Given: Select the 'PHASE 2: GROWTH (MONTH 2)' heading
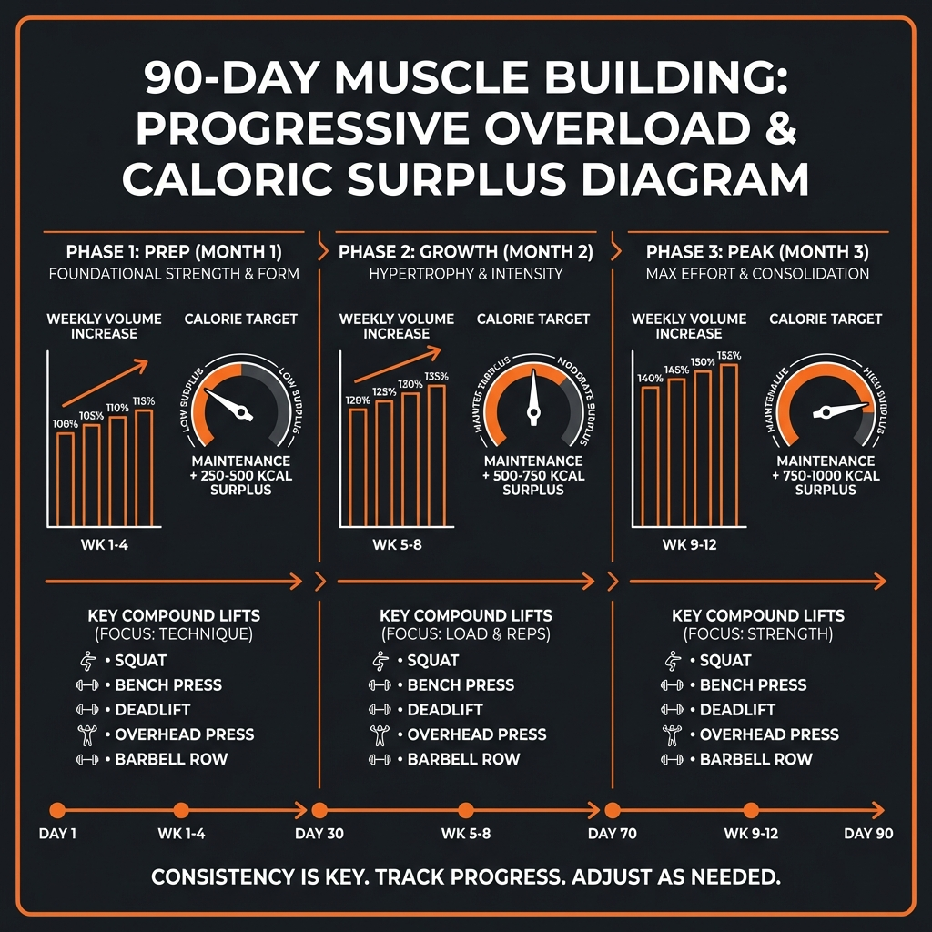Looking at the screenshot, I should coord(465,251).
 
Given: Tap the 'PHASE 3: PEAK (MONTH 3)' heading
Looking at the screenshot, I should coord(757,251).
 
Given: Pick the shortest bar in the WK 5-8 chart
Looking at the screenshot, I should coord(359,467).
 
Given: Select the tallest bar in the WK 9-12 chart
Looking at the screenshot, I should coord(729,445).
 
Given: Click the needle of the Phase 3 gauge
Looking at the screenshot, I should coord(842,410).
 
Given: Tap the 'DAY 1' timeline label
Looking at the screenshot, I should coord(57,834).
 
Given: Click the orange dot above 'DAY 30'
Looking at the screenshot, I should coord(319,810).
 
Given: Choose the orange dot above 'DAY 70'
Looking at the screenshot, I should coord(613,810).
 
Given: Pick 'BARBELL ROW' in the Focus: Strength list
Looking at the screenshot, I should coord(756,759).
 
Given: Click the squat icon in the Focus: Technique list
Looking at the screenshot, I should coord(88,661).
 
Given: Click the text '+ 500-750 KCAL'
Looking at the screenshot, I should coord(533,476).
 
